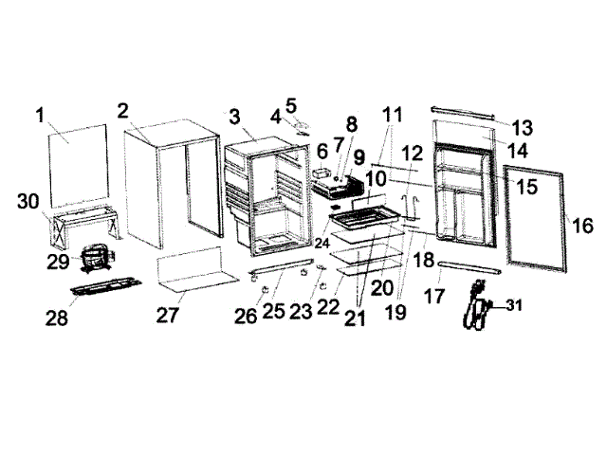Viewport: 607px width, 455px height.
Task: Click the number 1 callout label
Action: (41, 116)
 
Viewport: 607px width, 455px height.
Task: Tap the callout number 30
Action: (28, 201)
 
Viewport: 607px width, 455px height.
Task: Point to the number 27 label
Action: (168, 316)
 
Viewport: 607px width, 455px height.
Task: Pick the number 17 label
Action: (434, 296)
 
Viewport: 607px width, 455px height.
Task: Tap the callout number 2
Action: (123, 109)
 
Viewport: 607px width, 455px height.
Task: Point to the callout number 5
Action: (290, 103)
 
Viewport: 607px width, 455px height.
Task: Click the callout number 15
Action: (526, 187)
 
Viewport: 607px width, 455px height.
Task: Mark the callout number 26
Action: (246, 315)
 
